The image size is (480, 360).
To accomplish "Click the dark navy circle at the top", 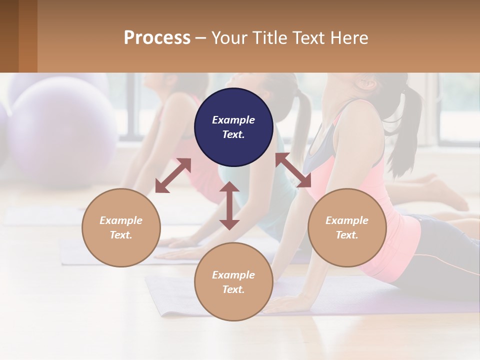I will (233, 127).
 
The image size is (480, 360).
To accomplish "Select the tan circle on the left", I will (121, 227).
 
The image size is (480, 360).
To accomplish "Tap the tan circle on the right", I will (347, 227).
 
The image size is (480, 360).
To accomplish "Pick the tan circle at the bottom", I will (233, 282).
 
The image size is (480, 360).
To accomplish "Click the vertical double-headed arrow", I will (229, 205).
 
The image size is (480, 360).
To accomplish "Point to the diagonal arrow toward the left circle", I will (173, 175).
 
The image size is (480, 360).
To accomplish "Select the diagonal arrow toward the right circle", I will (293, 170).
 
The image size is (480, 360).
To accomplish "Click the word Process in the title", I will (157, 38).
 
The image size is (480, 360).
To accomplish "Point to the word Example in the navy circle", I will (233, 120).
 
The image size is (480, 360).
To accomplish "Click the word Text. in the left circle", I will (121, 235).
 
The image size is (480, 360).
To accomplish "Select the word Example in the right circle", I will (347, 220).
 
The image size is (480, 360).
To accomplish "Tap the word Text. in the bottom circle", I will (233, 289).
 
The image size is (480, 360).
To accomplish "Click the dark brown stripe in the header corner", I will (9, 36).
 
